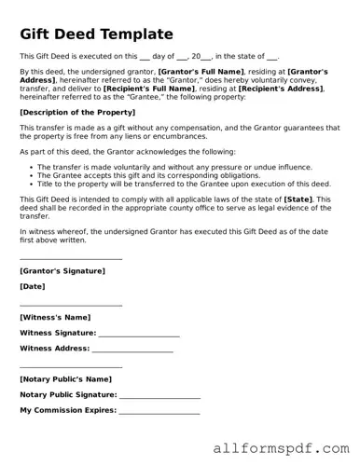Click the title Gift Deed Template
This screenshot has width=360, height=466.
point(97,34)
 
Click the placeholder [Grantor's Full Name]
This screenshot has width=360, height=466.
point(201,71)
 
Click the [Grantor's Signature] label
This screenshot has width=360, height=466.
point(62,271)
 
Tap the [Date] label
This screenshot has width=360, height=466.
point(32,286)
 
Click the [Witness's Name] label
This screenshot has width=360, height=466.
point(55,317)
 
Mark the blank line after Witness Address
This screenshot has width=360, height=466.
point(132,350)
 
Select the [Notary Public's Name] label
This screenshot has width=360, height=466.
point(65,379)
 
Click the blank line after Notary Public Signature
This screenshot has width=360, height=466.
point(159,397)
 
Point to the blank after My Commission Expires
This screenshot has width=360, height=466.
point(159,412)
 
